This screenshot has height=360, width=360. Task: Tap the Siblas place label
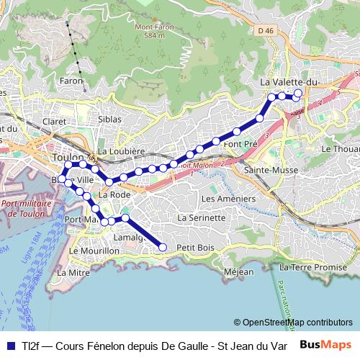[109, 119]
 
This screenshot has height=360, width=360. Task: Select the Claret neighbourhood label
[55, 122]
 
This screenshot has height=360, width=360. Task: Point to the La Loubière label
[121, 151]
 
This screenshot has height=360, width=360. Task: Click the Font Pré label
[240, 144]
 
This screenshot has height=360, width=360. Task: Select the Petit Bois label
[196, 248]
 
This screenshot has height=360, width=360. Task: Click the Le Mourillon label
[94, 251]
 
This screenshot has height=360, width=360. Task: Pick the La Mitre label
[73, 273]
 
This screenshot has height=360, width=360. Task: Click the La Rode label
[114, 194]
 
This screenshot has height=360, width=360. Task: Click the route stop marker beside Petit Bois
[162, 248]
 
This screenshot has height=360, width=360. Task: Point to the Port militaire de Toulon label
[26, 209]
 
